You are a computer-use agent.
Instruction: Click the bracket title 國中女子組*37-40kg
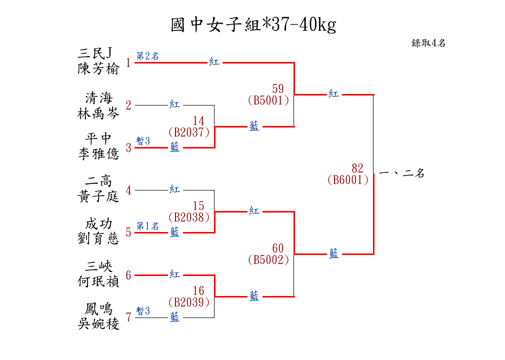(253, 24)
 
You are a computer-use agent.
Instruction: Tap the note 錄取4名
(428, 43)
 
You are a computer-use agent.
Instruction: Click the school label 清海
(98, 97)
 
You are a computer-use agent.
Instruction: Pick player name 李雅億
(98, 153)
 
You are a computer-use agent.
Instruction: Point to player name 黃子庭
(98, 196)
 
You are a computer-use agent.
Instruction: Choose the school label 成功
(98, 224)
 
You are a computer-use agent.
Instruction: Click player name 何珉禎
(98, 281)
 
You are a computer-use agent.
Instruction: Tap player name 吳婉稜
(98, 324)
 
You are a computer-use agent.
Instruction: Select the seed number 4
(128, 190)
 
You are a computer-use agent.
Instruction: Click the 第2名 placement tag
(147, 56)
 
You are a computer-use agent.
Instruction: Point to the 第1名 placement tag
(147, 226)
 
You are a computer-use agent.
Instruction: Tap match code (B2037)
(189, 132)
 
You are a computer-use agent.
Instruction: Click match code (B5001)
(268, 100)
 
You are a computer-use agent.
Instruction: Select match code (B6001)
(348, 180)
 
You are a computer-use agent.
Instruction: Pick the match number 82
(357, 168)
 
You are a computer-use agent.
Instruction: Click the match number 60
(278, 248)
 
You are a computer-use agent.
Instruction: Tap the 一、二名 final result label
(401, 174)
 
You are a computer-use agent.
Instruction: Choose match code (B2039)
(189, 302)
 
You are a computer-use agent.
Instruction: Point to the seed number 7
(128, 317)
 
